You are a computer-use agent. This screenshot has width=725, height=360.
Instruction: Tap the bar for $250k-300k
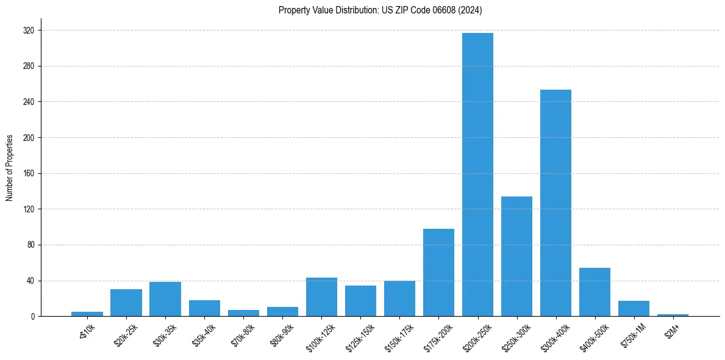[516, 256]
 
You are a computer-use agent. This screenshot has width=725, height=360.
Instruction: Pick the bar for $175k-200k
[438, 273]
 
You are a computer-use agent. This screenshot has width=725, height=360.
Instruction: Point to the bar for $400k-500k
[595, 292]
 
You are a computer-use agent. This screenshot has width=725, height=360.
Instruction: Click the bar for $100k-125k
[321, 297]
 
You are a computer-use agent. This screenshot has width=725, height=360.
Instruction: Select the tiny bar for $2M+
[673, 315]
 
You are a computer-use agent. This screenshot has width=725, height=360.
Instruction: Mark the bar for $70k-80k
[243, 313]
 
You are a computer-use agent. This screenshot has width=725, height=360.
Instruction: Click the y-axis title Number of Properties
[9, 167]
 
